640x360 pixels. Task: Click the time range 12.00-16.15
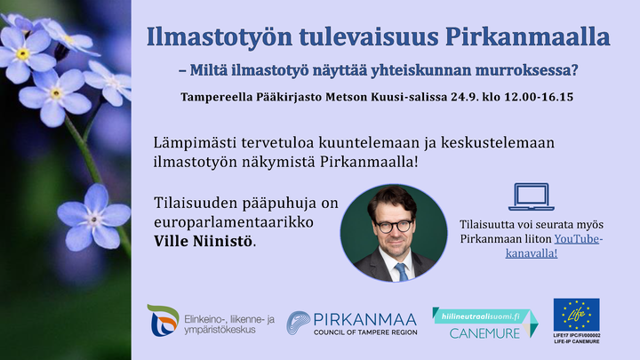click(x=539, y=97)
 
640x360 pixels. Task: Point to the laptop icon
click(x=531, y=197)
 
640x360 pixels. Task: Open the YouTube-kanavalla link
click(x=554, y=245)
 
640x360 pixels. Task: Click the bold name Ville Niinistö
click(x=204, y=241)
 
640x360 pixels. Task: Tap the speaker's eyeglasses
click(x=395, y=226)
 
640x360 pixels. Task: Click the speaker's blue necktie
click(x=402, y=272)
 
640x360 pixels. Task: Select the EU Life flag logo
click(x=576, y=315)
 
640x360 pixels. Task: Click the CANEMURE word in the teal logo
click(x=484, y=333)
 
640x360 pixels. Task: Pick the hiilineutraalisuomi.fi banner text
click(x=481, y=316)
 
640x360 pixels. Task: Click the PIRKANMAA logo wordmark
click(x=365, y=319)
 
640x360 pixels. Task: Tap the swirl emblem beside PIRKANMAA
click(x=299, y=323)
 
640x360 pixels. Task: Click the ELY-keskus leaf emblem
click(x=164, y=320)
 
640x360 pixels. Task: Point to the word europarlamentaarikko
click(x=234, y=222)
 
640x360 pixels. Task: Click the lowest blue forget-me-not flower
click(x=94, y=217)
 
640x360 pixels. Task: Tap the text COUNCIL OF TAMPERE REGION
click(x=365, y=332)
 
